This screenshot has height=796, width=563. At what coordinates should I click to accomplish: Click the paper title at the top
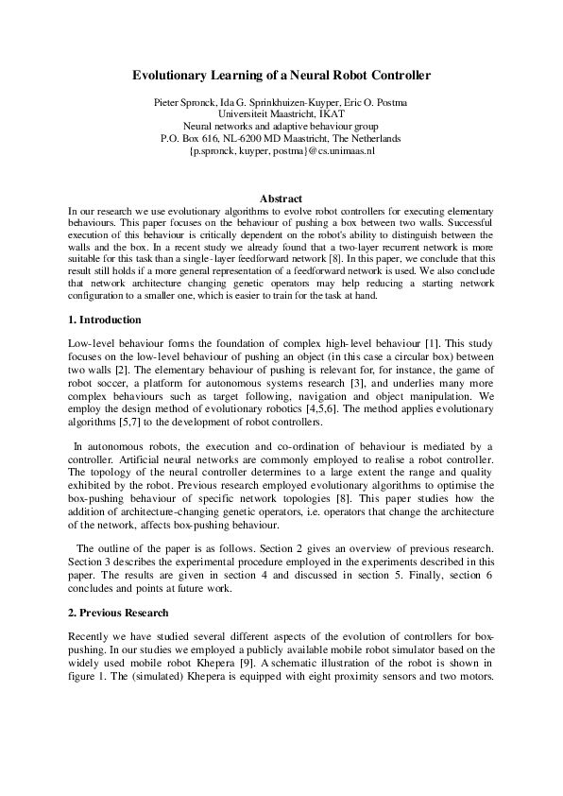coord(281,74)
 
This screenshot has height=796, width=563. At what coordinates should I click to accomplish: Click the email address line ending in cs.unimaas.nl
coord(281,150)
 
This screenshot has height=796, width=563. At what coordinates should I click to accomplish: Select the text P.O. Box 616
coord(189,138)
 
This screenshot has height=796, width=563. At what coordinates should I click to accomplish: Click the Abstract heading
coord(281,199)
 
